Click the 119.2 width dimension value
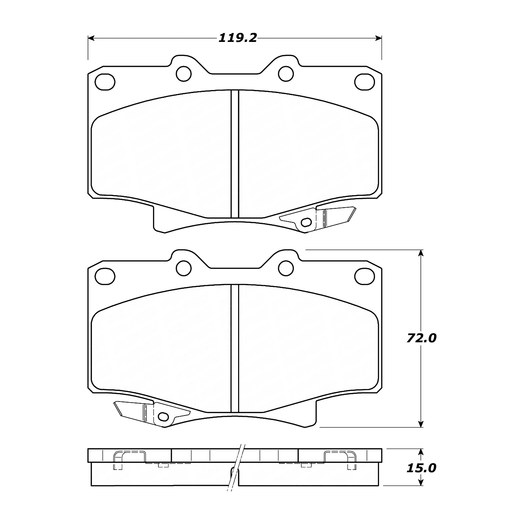coord(238,38)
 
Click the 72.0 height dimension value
coord(421,339)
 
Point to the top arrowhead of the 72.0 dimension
coord(421,253)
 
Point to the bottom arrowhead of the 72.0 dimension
coord(421,424)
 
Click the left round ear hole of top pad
coord(184,74)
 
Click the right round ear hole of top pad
coord(286,74)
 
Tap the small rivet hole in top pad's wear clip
coord(306,222)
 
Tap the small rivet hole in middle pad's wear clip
coord(163,417)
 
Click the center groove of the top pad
coord(235,155)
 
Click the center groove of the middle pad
coord(235,350)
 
